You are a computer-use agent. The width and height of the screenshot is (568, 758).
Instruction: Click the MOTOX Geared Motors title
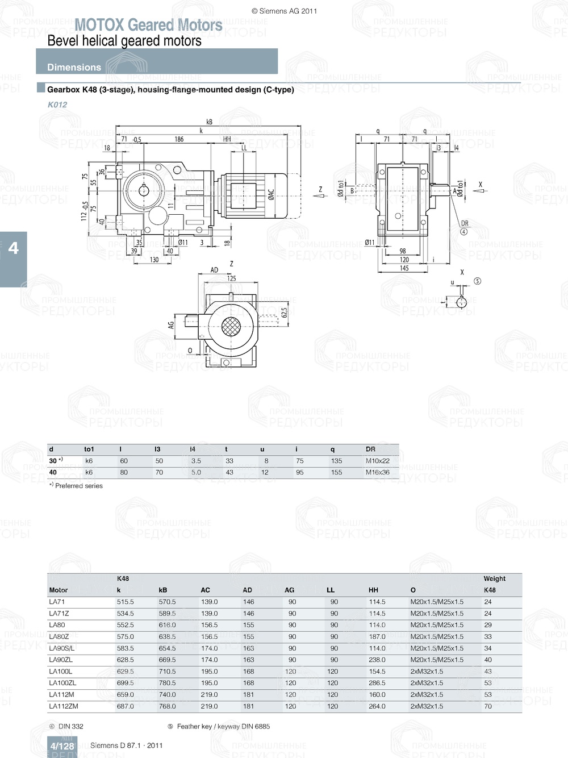pyautogui.click(x=148, y=25)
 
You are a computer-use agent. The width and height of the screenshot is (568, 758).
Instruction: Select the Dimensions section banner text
pyautogui.click(x=74, y=67)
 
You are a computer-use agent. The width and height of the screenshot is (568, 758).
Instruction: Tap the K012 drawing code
pyautogui.click(x=57, y=105)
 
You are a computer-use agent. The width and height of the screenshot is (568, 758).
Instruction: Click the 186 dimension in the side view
pyautogui.click(x=179, y=139)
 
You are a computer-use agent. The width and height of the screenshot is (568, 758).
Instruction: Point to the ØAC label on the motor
pyautogui.click(x=271, y=195)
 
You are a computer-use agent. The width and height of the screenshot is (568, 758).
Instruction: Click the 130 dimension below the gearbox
pyautogui.click(x=154, y=260)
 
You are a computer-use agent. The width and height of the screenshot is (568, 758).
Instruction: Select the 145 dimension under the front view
pyautogui.click(x=404, y=268)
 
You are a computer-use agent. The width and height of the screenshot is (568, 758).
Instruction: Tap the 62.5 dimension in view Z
pyautogui.click(x=284, y=313)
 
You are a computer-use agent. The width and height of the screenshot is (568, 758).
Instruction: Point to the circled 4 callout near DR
pyautogui.click(x=463, y=232)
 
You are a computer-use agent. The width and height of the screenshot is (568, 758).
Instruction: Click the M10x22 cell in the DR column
pyautogui.click(x=377, y=461)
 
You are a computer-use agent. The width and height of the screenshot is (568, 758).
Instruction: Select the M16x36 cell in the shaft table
pyautogui.click(x=377, y=472)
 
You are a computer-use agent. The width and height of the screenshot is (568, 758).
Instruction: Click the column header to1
pyautogui.click(x=89, y=449)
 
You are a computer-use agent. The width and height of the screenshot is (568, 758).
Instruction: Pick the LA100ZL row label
pyautogui.click(x=62, y=683)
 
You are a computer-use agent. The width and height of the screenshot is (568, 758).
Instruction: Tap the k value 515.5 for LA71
pyautogui.click(x=126, y=602)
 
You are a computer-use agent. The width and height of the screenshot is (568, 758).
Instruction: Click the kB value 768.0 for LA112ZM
pyautogui.click(x=167, y=706)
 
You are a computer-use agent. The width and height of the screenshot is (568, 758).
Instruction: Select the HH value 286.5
pyautogui.click(x=377, y=683)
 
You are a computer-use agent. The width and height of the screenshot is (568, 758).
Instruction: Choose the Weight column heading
pyautogui.click(x=494, y=578)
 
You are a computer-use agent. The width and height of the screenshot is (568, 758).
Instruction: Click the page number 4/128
pyautogui.click(x=62, y=746)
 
